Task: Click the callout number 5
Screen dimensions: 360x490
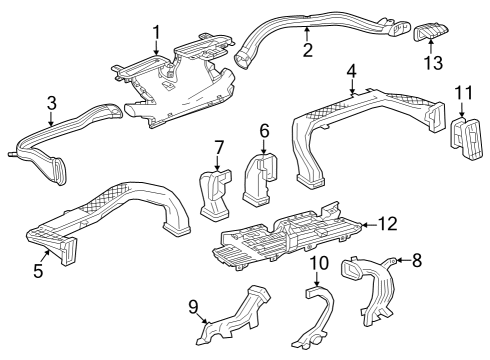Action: click(x=37, y=269)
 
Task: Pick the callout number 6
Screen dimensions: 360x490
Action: click(x=264, y=130)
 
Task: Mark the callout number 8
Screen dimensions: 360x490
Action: click(x=417, y=261)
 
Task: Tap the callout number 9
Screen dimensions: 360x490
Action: click(x=195, y=306)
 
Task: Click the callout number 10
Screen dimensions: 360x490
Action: click(x=318, y=264)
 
